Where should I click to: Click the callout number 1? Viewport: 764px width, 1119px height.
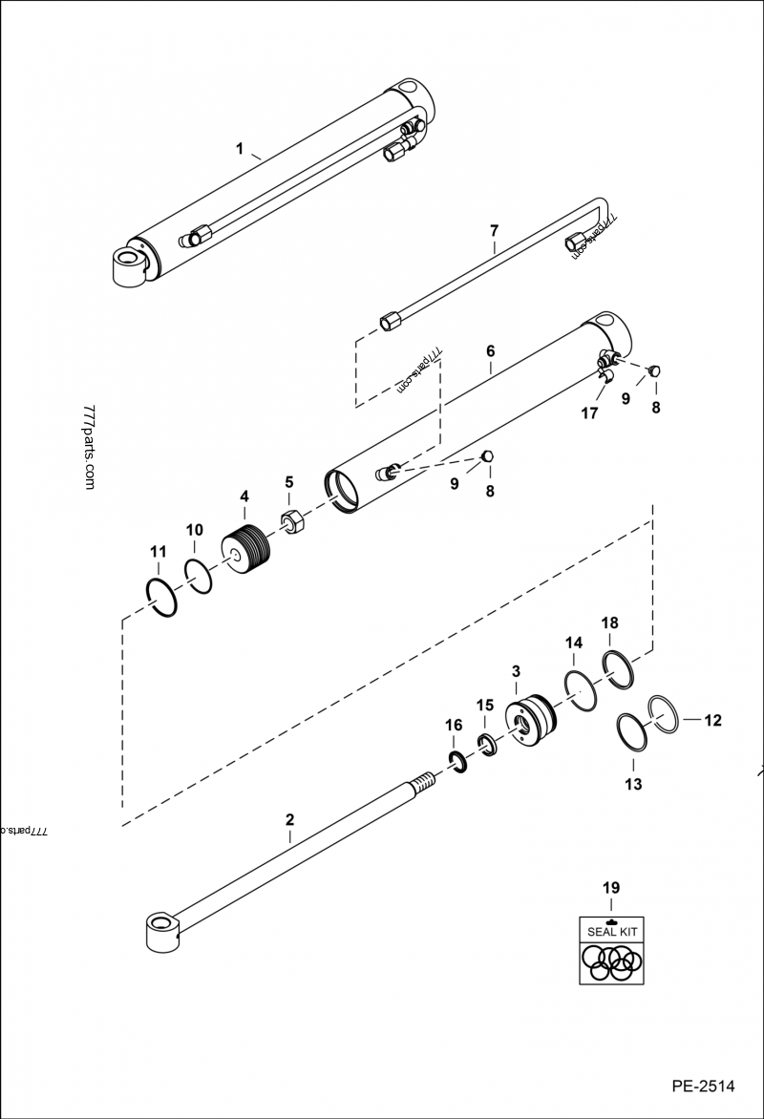(241, 148)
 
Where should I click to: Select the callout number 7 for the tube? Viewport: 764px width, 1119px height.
(494, 230)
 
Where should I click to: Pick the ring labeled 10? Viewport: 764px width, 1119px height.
(199, 578)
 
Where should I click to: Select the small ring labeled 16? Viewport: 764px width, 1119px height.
(456, 760)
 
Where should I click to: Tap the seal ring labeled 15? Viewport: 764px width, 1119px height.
(486, 744)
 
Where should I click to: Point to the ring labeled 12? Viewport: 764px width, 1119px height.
(666, 715)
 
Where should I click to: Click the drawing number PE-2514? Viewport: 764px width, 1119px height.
(702, 1086)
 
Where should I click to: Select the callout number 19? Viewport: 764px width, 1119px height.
(610, 888)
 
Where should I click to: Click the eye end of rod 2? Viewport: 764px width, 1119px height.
(163, 931)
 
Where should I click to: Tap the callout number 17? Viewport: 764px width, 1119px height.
(589, 413)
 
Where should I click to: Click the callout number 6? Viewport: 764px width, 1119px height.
(490, 351)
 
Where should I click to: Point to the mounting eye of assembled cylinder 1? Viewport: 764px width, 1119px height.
(129, 264)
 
